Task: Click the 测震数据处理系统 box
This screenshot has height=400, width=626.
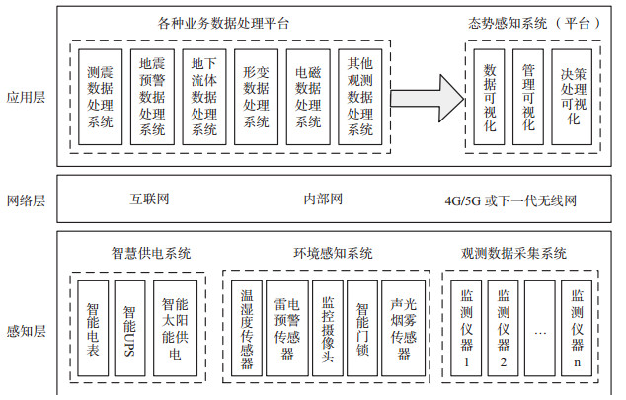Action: point(100,98)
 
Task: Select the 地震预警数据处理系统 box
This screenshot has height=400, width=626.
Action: point(153,98)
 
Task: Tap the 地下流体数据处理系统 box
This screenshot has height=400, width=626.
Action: point(205,98)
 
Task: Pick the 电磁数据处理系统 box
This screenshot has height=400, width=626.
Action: point(308,98)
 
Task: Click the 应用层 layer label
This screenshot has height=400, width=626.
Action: point(27,97)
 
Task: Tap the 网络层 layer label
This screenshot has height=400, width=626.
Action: point(27,200)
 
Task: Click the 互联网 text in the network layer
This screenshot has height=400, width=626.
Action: point(151,200)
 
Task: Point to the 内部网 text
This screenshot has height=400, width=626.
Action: point(322,200)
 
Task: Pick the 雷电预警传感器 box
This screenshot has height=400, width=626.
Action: point(287,332)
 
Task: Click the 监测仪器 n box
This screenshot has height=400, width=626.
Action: point(578,332)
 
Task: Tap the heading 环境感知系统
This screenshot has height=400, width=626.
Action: point(333,254)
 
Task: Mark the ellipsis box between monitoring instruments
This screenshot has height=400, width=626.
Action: point(540,332)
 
